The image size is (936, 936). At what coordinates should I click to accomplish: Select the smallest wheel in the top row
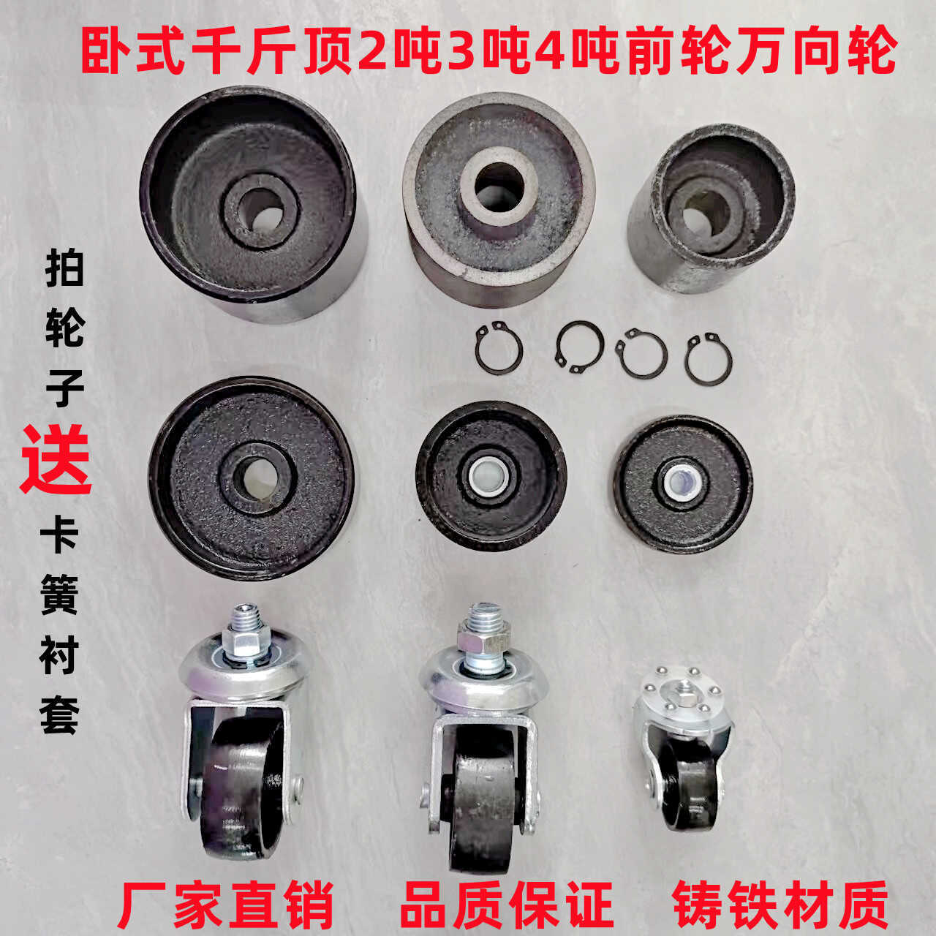coord(709,208)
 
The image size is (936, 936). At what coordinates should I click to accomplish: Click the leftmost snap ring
coord(499,348)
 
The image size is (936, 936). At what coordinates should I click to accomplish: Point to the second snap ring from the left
coord(579,346)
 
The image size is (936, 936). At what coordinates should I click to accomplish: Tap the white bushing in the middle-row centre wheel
coord(491,476)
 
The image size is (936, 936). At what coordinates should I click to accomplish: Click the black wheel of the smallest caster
coord(690,790)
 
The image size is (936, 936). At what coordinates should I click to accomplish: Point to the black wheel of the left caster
coord(235,790)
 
